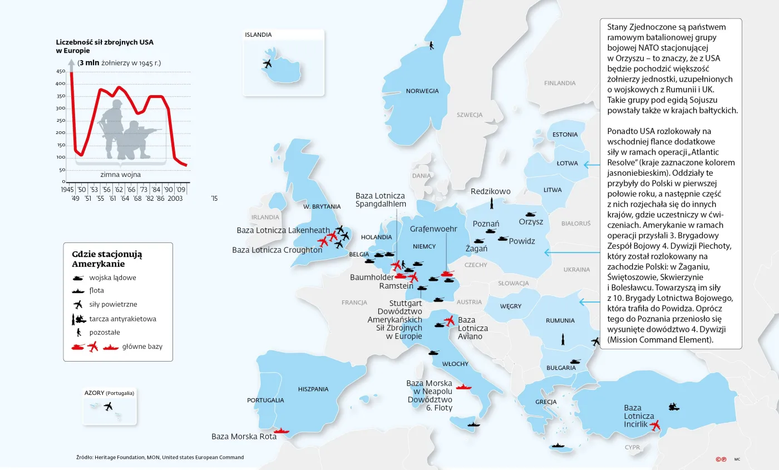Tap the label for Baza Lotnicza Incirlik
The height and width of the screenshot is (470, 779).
point(639,416)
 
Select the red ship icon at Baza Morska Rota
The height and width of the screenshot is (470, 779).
point(282,431)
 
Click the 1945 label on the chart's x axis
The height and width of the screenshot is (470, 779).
point(67,190)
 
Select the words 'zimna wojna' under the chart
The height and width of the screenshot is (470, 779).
point(120,174)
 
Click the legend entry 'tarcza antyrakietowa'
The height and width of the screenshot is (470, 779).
point(122,319)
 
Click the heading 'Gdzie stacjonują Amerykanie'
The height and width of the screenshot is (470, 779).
point(107,259)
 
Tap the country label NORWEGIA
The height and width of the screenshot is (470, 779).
point(422,91)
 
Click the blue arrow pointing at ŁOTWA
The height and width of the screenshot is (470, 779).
point(590,164)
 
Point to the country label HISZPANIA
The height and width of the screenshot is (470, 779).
point(313,389)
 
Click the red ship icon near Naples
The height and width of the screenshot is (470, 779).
point(463,387)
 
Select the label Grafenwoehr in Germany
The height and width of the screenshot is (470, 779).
point(433,229)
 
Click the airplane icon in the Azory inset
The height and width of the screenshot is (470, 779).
point(108,406)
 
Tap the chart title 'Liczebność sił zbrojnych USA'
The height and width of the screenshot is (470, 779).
point(105,42)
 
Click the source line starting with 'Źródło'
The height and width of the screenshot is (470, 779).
point(160,457)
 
